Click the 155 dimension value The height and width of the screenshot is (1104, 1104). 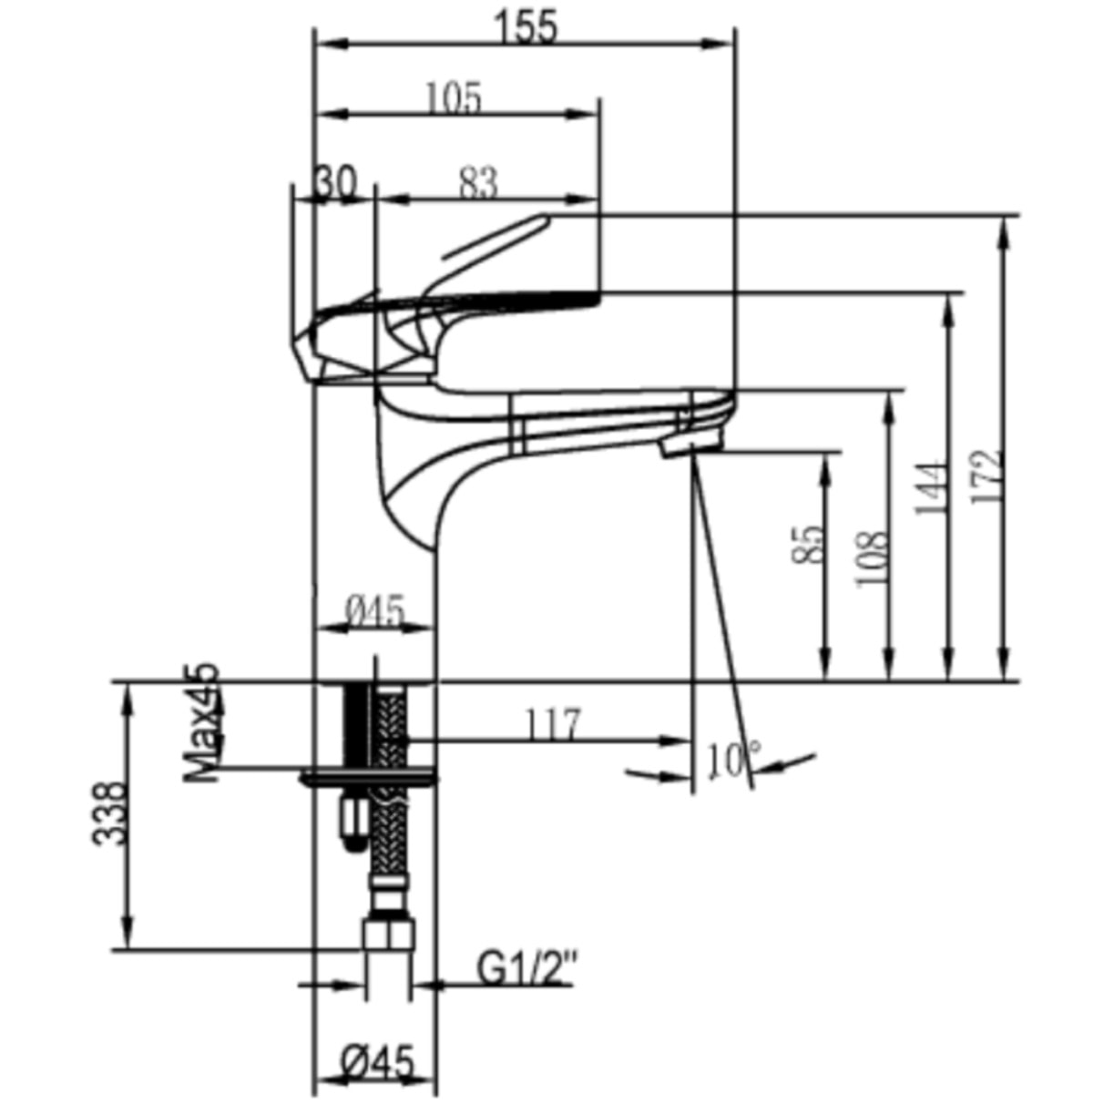526,28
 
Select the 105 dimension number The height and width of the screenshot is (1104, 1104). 455,97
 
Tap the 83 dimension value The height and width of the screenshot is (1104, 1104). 478,183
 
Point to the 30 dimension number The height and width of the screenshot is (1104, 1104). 336,182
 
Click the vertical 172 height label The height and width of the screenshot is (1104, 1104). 986,476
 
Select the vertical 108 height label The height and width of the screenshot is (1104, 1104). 872,559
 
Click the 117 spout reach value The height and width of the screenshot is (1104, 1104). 553,724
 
